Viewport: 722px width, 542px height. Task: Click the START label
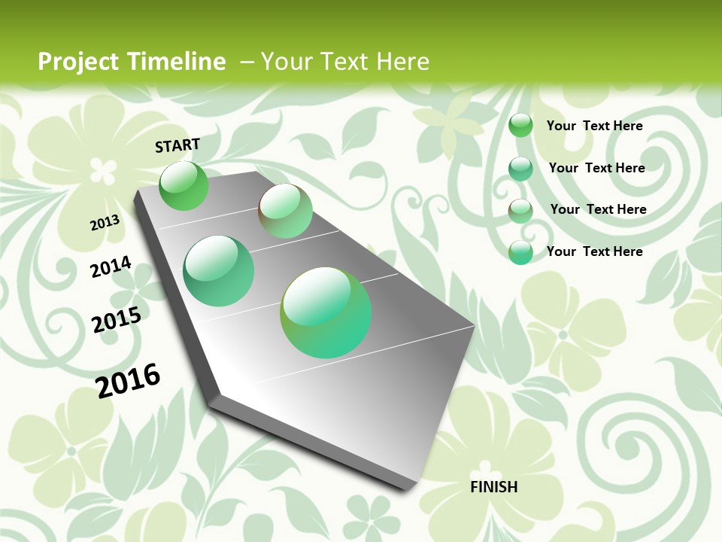tap(177, 145)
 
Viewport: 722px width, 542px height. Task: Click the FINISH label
tap(493, 487)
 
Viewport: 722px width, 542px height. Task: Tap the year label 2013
tap(105, 222)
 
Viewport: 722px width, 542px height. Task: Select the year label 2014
tap(111, 266)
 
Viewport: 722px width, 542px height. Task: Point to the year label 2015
tap(117, 319)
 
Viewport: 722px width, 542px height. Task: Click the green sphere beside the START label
tap(184, 185)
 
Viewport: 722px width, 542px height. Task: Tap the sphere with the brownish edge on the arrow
tap(285, 211)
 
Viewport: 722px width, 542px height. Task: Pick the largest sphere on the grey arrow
tap(326, 312)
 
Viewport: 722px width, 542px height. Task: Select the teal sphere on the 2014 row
tap(219, 271)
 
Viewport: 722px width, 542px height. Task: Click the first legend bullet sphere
tap(520, 126)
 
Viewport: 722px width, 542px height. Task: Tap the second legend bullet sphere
tap(520, 169)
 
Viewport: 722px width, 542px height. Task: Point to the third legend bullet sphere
tap(520, 211)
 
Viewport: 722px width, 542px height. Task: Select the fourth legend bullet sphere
tap(520, 252)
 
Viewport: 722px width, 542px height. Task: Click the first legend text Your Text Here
tap(594, 126)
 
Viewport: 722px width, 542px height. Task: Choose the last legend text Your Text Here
tap(594, 251)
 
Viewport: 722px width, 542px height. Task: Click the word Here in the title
tap(402, 62)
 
